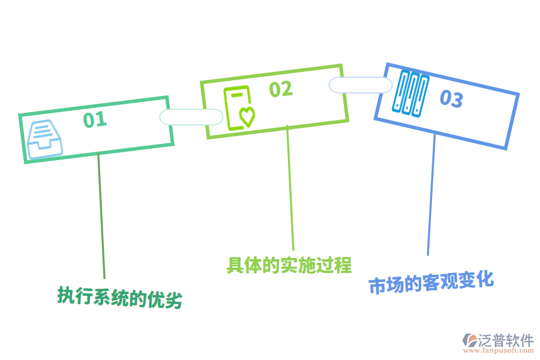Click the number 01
coord(95,119)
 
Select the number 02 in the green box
coord(280,89)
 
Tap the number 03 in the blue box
coord(451,99)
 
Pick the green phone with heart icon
coord(239,109)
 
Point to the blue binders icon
coord(410,92)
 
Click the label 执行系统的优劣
coord(120,297)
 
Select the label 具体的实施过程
coord(289,265)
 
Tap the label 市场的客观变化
coord(431,282)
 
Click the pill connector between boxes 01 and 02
coord(191,117)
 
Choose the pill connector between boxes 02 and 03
coord(361,85)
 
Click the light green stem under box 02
coord(290,189)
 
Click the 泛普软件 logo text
coord(506,340)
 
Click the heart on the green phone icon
coord(247,116)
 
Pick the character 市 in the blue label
coord(377,286)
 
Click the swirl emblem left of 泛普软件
coord(469,341)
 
